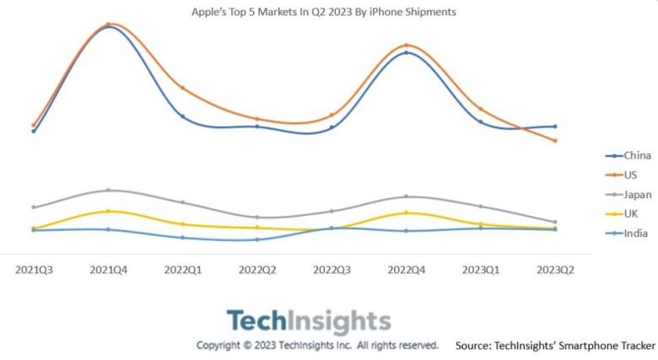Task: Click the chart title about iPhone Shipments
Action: (x=324, y=13)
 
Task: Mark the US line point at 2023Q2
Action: (x=555, y=141)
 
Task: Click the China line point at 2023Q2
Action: (x=555, y=126)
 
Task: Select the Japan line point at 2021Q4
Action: (x=108, y=191)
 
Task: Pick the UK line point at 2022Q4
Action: (x=406, y=212)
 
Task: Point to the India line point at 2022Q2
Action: (x=257, y=239)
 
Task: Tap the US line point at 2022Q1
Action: (x=182, y=88)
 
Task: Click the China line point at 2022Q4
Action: (x=406, y=52)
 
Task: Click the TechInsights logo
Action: (x=309, y=321)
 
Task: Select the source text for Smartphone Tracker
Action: (x=554, y=346)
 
